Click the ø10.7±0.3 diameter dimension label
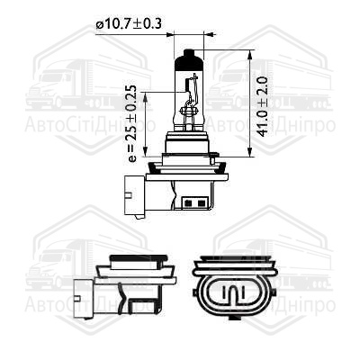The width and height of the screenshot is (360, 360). click(x=129, y=23)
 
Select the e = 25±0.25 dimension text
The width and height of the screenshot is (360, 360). click(x=131, y=123)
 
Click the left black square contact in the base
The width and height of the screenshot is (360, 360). click(x=189, y=203)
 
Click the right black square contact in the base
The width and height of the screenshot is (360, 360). click(x=201, y=203)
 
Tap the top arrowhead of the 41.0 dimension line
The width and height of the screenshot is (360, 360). click(x=249, y=56)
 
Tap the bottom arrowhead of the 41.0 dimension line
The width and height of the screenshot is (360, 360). click(x=249, y=151)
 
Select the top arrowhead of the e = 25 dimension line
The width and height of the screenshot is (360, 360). click(x=146, y=97)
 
